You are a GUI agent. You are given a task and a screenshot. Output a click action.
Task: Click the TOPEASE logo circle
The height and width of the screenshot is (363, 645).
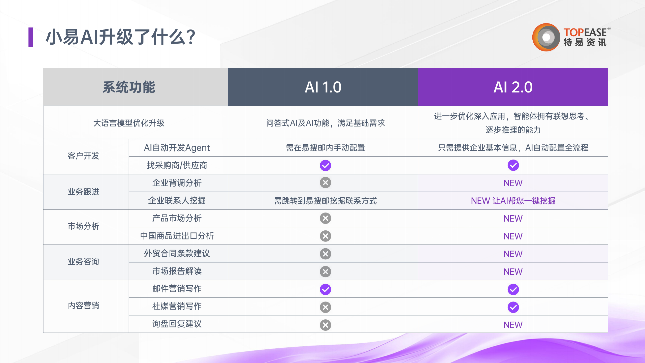pos(546,37)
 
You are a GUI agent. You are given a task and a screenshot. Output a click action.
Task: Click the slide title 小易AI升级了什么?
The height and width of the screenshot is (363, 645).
pos(120,37)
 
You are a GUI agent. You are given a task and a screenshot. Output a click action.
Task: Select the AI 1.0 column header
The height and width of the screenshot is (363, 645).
pos(323,87)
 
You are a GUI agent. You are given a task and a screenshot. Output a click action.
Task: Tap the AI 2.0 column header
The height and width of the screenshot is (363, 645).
pos(513,87)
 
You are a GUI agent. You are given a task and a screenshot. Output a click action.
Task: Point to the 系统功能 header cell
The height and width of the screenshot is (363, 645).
pos(136,87)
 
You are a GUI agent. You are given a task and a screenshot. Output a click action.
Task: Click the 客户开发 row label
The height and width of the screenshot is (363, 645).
pos(83,156)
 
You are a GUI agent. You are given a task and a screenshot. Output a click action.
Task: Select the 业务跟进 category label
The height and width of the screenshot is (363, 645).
pos(83,192)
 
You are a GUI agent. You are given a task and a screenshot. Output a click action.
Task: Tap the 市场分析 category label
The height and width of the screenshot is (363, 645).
pos(83,226)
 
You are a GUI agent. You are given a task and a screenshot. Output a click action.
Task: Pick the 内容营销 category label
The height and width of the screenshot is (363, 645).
pos(83,306)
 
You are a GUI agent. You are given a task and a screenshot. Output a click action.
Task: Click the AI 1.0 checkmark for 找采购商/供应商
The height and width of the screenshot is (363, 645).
pos(326,165)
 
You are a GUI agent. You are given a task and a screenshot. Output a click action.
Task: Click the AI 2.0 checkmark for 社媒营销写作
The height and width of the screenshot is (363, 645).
pos(513,307)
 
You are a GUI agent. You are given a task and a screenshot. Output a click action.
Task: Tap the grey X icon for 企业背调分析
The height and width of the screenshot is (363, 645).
pos(326,183)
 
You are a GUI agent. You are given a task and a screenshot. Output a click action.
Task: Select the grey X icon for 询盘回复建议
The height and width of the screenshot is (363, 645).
pos(326,325)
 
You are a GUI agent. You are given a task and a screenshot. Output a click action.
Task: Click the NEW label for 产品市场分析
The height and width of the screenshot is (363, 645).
pos(513,219)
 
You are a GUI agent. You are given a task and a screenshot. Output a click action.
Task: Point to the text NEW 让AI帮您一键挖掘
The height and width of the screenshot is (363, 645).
pos(513,201)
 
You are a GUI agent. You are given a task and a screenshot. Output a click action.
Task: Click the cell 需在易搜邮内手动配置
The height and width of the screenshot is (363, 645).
pos(326,148)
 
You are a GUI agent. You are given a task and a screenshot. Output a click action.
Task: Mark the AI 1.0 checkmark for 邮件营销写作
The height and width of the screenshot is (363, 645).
pos(326,289)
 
